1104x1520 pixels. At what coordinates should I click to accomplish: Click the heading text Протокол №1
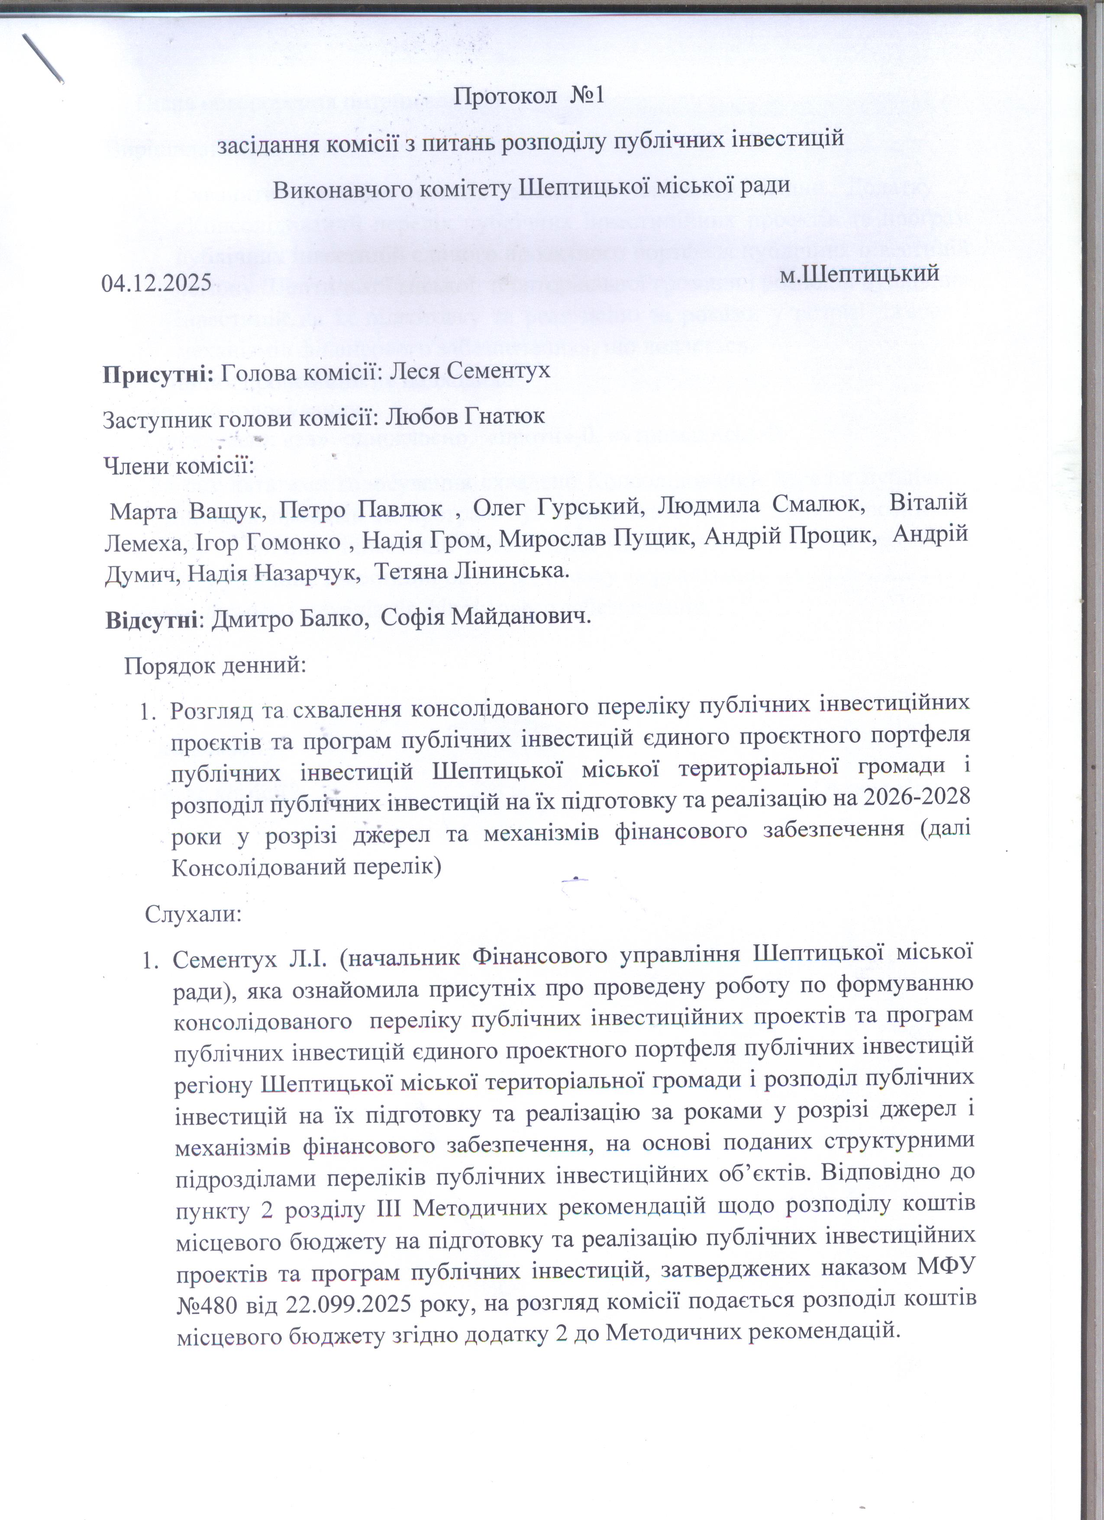(x=529, y=96)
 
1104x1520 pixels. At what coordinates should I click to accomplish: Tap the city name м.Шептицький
(x=859, y=273)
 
